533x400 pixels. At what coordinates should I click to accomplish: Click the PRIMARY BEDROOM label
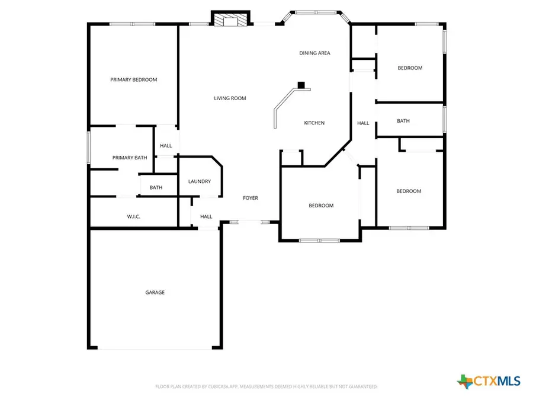tap(134, 79)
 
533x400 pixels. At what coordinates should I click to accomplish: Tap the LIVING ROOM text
tap(230, 98)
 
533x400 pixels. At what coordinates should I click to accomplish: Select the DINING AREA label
tap(314, 53)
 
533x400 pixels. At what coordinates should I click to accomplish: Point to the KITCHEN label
tap(314, 123)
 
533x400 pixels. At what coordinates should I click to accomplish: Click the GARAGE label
tap(155, 293)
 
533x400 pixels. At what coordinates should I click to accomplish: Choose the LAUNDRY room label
tap(200, 182)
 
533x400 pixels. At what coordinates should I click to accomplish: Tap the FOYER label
tap(251, 198)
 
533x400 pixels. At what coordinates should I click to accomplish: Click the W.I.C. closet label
tap(134, 217)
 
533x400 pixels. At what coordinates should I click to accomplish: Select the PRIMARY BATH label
tap(130, 158)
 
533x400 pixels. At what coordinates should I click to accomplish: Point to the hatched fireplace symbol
tap(231, 20)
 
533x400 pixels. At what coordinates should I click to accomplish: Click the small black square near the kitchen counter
tap(301, 85)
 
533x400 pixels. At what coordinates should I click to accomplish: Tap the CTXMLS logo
tap(489, 381)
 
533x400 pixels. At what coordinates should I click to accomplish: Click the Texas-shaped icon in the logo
tap(465, 381)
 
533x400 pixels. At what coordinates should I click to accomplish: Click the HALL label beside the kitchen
tap(363, 123)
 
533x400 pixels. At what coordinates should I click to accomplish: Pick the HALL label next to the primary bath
tap(166, 146)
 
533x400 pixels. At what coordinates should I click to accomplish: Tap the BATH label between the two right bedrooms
tap(403, 121)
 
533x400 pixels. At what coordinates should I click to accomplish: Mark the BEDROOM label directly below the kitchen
tap(321, 206)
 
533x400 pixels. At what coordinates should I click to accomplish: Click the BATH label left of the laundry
tap(156, 188)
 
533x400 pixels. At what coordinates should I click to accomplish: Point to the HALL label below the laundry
tap(206, 217)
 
